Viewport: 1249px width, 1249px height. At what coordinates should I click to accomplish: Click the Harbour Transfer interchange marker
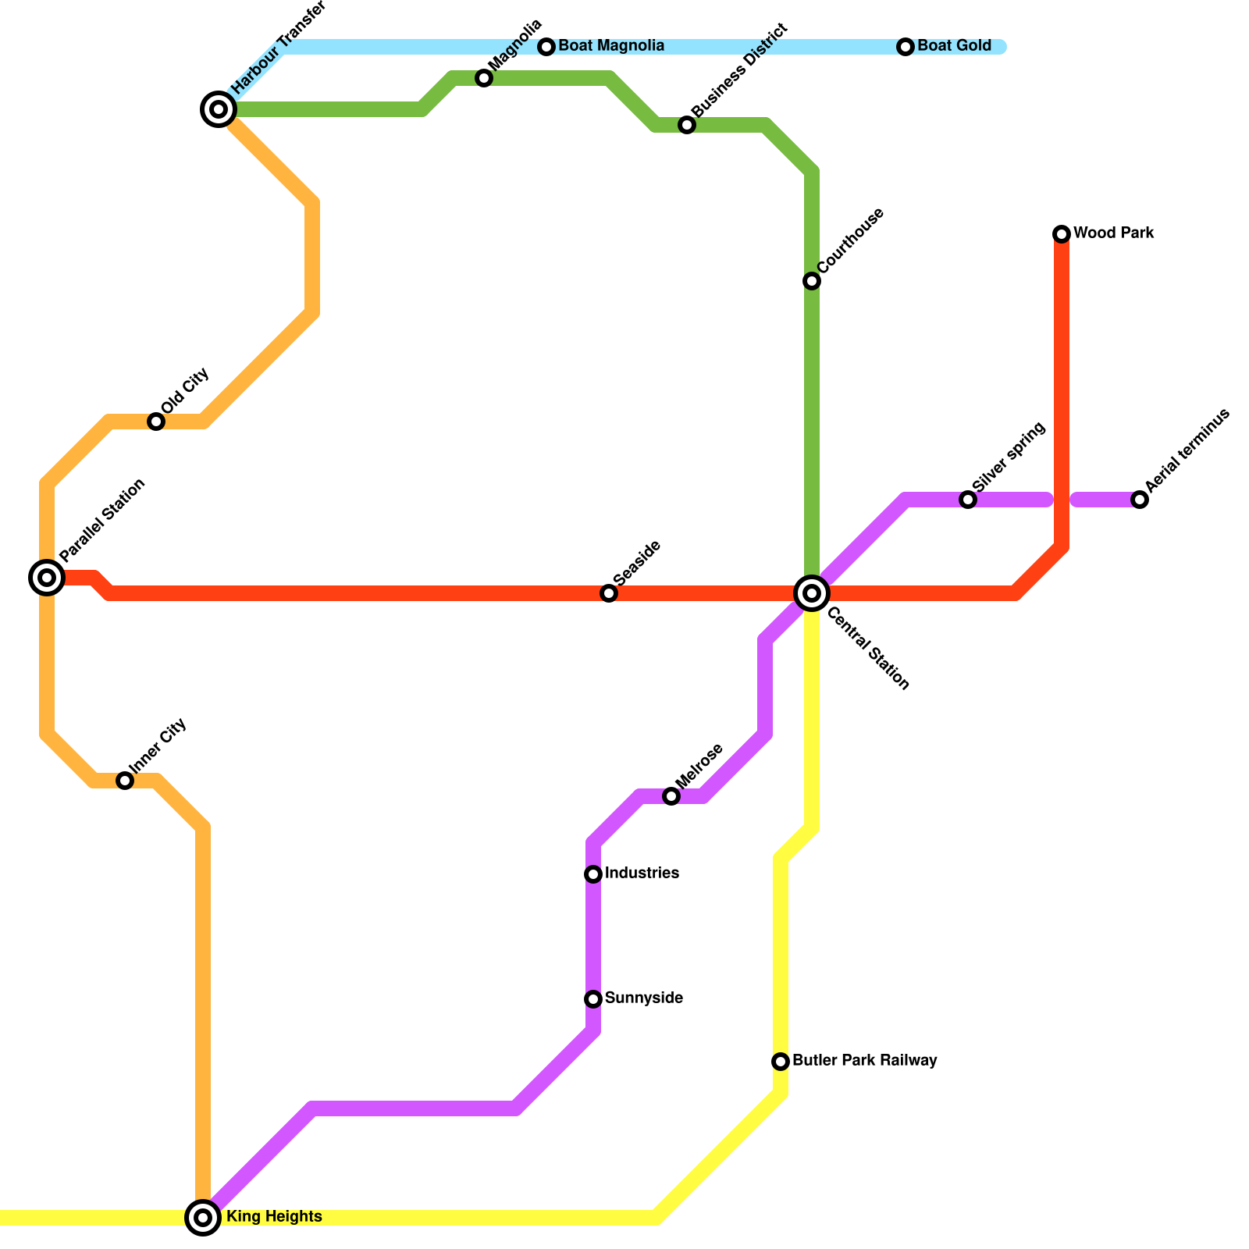pyautogui.click(x=219, y=109)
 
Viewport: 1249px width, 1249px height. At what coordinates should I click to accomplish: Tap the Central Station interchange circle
pyautogui.click(x=812, y=593)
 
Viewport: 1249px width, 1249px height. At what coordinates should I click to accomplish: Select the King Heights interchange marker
pyautogui.click(x=203, y=1217)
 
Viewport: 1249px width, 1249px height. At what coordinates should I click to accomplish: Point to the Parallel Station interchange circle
pyautogui.click(x=47, y=578)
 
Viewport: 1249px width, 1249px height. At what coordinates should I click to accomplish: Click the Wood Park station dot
pyautogui.click(x=1062, y=233)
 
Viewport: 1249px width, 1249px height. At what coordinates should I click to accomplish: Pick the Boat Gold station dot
pyautogui.click(x=906, y=47)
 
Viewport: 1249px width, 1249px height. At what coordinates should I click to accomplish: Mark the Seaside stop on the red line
pyautogui.click(x=609, y=593)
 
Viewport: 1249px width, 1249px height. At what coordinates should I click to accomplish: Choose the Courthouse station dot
pyautogui.click(x=812, y=281)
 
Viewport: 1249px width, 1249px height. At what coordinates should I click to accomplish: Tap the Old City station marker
pyautogui.click(x=156, y=422)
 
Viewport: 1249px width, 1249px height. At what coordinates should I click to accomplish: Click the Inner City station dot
pyautogui.click(x=125, y=781)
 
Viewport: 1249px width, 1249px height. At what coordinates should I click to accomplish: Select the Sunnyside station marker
pyautogui.click(x=593, y=999)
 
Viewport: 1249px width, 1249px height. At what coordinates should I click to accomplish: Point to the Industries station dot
pyautogui.click(x=593, y=874)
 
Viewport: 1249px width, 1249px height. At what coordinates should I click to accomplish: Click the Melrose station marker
pyautogui.click(x=671, y=796)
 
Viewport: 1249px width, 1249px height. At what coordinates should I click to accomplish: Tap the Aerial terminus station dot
pyautogui.click(x=1140, y=500)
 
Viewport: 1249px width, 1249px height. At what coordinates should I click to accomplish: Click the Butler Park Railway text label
pyautogui.click(x=864, y=1061)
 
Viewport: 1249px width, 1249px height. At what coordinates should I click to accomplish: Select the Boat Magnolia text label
pyautogui.click(x=611, y=46)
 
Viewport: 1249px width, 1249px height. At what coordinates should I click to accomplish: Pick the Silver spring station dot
pyautogui.click(x=968, y=500)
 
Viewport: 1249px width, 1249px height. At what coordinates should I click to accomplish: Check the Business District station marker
pyautogui.click(x=687, y=125)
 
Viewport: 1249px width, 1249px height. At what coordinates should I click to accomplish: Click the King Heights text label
pyautogui.click(x=274, y=1217)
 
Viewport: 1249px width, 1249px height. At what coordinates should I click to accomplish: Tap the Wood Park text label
pyautogui.click(x=1113, y=233)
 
